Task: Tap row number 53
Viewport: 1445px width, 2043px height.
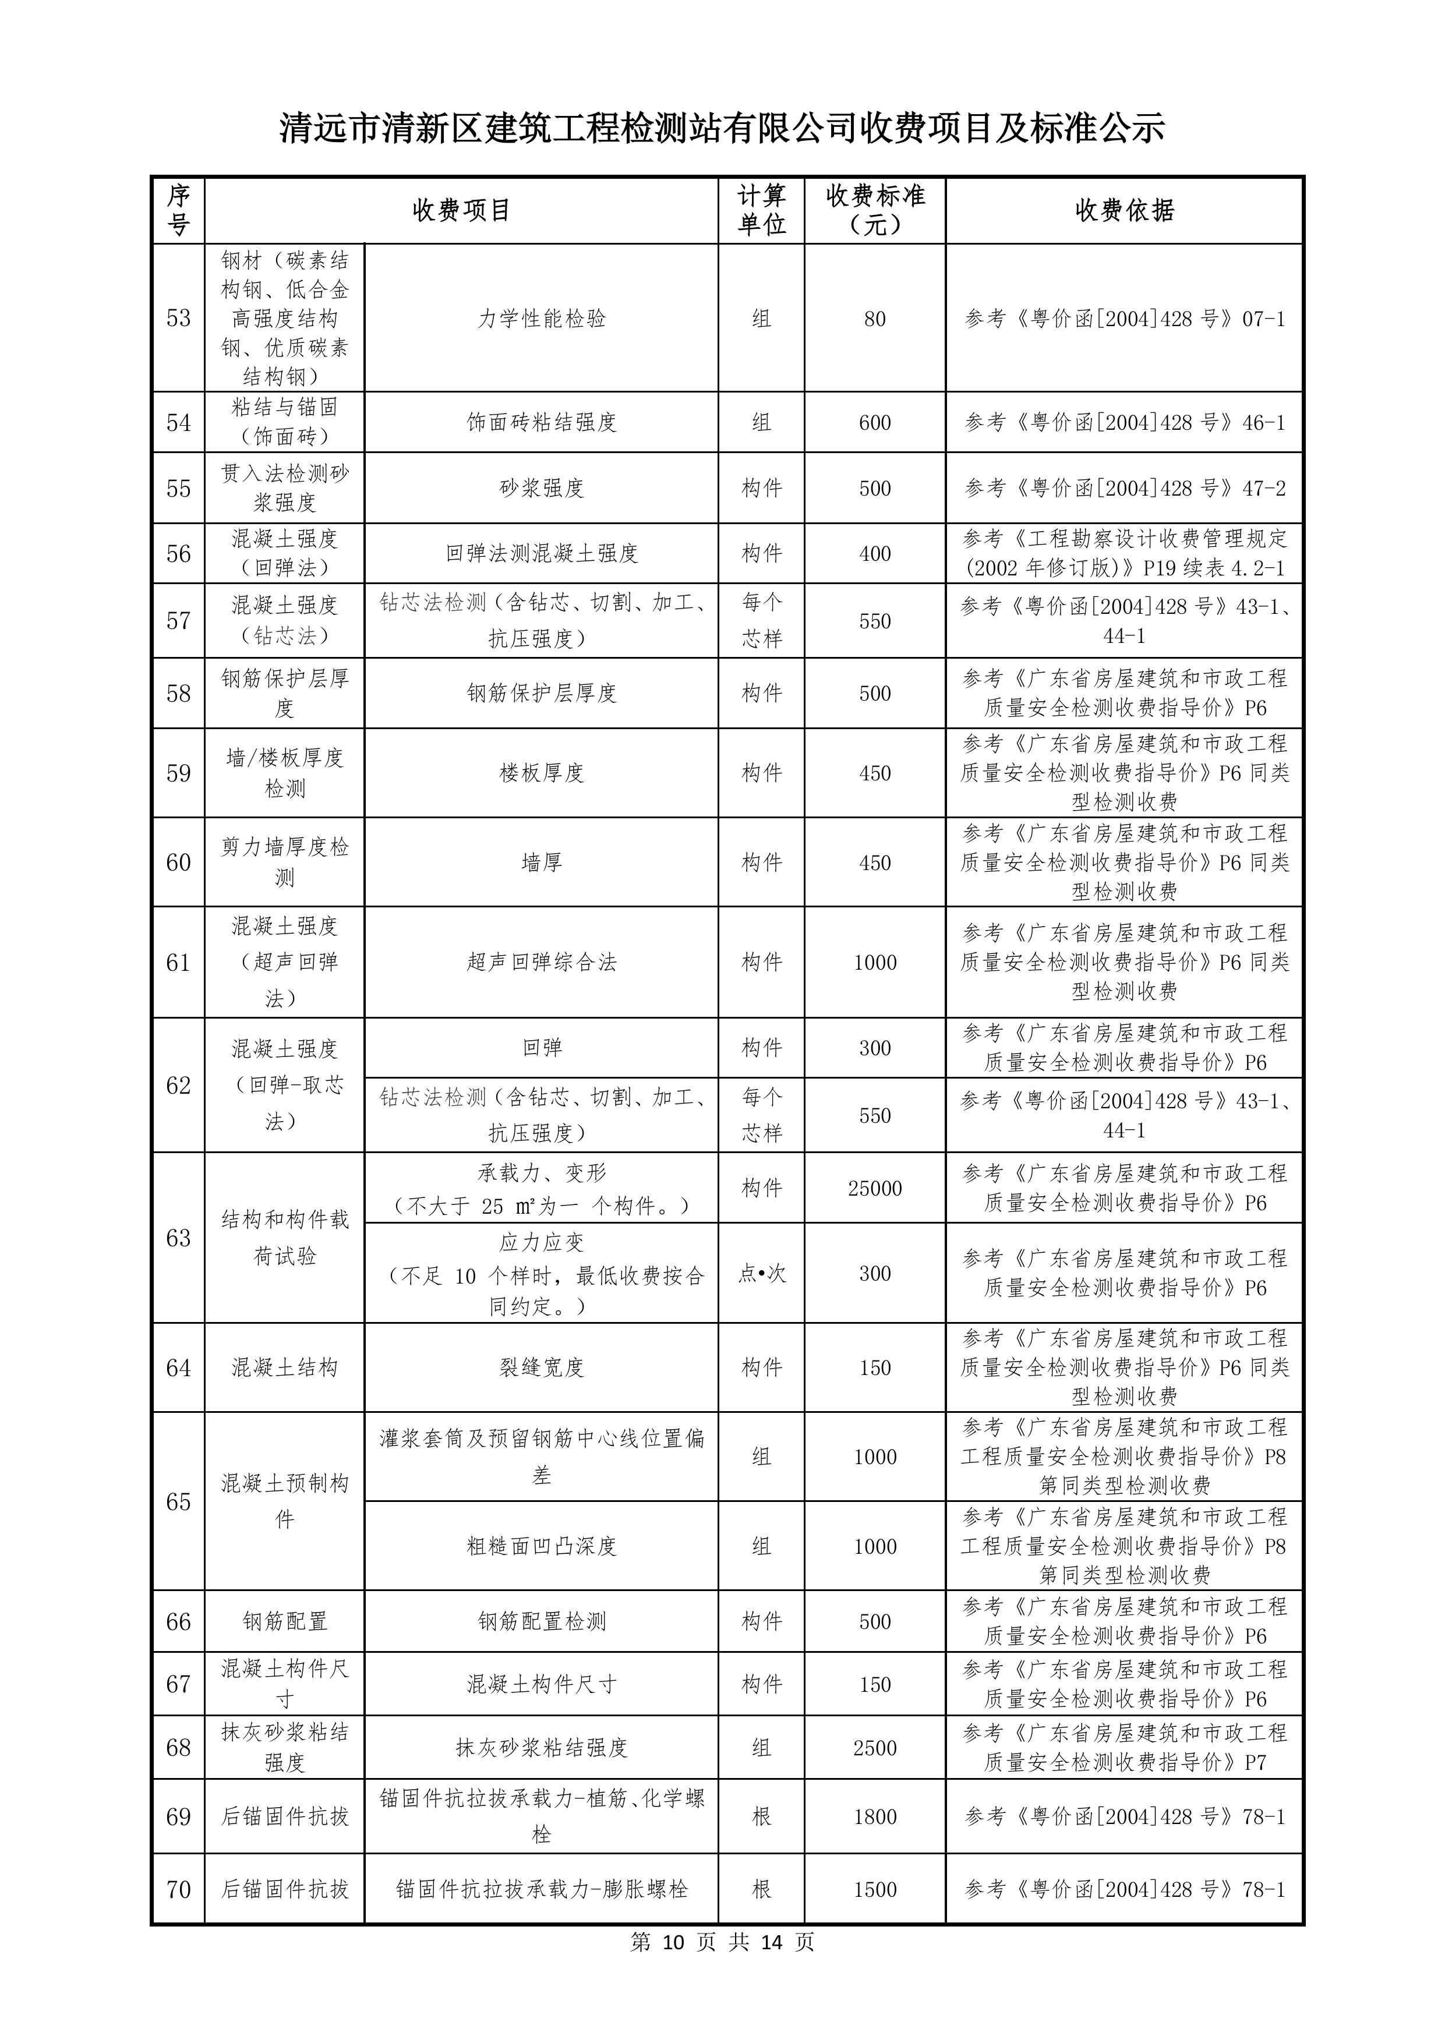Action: [178, 319]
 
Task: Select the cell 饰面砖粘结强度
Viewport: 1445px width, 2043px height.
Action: [541, 423]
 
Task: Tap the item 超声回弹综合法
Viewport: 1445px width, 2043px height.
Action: [541, 962]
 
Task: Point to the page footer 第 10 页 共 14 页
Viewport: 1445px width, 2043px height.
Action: [722, 1942]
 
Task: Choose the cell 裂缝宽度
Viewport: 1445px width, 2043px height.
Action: [541, 1367]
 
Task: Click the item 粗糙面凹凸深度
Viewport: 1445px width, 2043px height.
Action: [541, 1546]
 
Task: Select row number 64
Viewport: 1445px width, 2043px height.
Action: [178, 1367]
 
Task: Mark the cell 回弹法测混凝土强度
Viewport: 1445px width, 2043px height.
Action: [541, 553]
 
